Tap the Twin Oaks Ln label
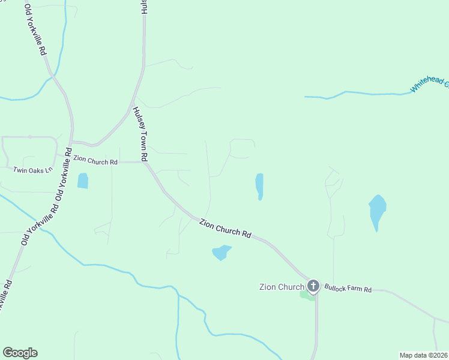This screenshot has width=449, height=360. click(33, 170)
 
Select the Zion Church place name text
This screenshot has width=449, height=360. click(282, 287)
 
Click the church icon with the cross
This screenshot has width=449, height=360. click(313, 286)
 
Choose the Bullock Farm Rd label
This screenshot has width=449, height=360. click(348, 289)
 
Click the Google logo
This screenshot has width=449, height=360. click(20, 353)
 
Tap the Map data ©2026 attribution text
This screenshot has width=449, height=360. click(423, 355)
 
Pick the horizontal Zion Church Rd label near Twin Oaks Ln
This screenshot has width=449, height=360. click(95, 161)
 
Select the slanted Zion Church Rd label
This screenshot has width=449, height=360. click(225, 228)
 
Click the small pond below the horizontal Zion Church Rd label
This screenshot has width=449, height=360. click(82, 180)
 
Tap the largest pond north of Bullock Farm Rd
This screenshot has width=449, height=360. click(377, 211)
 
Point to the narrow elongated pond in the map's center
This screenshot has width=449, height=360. click(259, 186)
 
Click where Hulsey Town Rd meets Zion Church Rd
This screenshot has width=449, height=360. click(146, 163)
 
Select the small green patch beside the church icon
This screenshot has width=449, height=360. click(306, 295)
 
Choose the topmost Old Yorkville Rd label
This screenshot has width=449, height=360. click(35, 29)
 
